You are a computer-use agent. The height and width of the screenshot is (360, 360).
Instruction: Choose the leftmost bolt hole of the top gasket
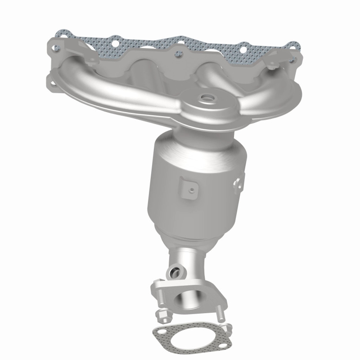58,34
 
